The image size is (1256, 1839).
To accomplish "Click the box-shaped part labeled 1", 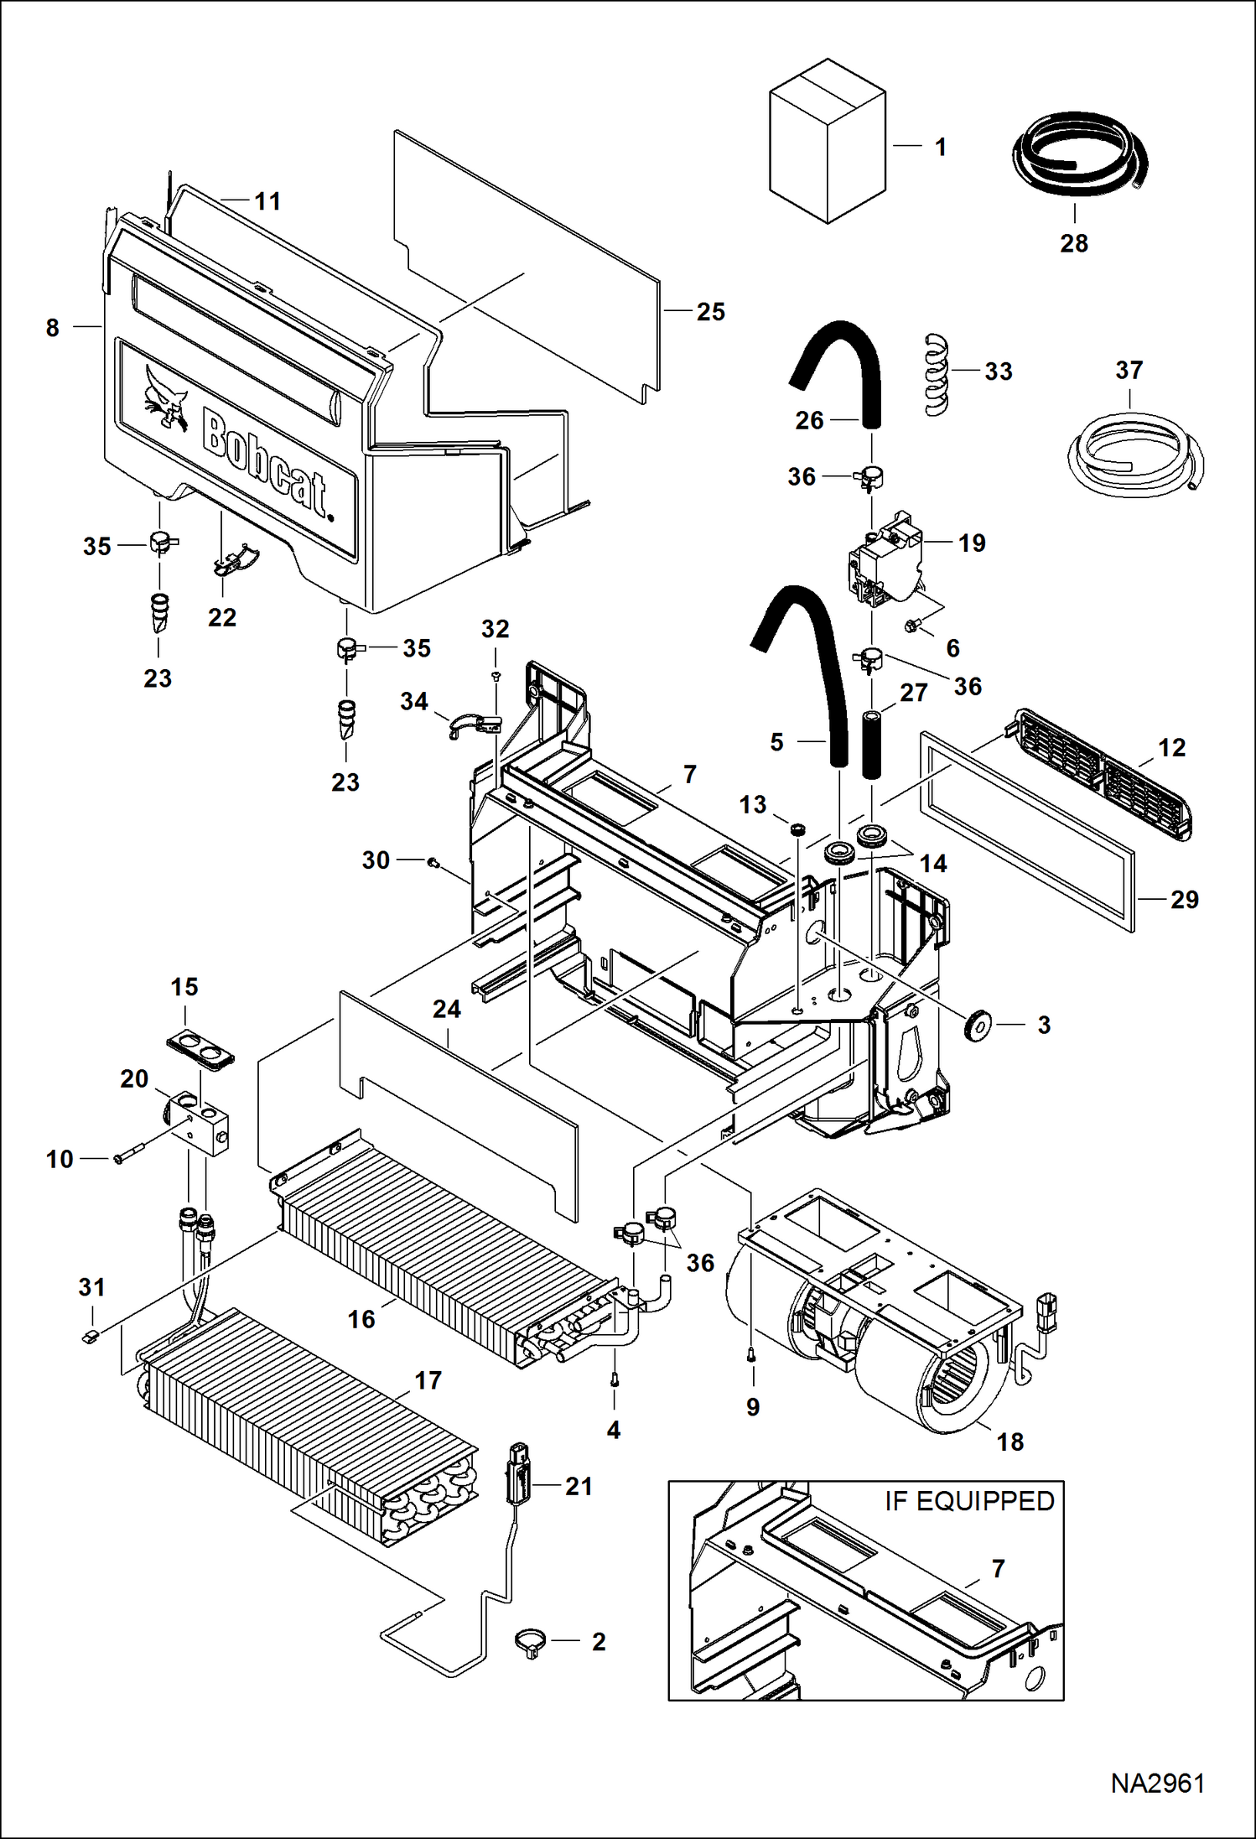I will pyautogui.click(x=827, y=143).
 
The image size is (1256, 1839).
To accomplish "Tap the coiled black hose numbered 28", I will pyautogui.click(x=1078, y=155).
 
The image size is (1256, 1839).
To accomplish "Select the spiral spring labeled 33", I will pyautogui.click(x=937, y=374).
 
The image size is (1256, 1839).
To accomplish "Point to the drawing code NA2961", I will pyautogui.click(x=1157, y=1783).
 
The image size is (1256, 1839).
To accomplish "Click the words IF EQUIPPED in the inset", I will pyautogui.click(x=969, y=1500).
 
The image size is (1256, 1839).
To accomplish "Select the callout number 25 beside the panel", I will pyautogui.click(x=710, y=312).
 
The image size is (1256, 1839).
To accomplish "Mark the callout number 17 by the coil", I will pyautogui.click(x=428, y=1380).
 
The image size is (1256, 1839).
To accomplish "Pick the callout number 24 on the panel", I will pyautogui.click(x=446, y=1009).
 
